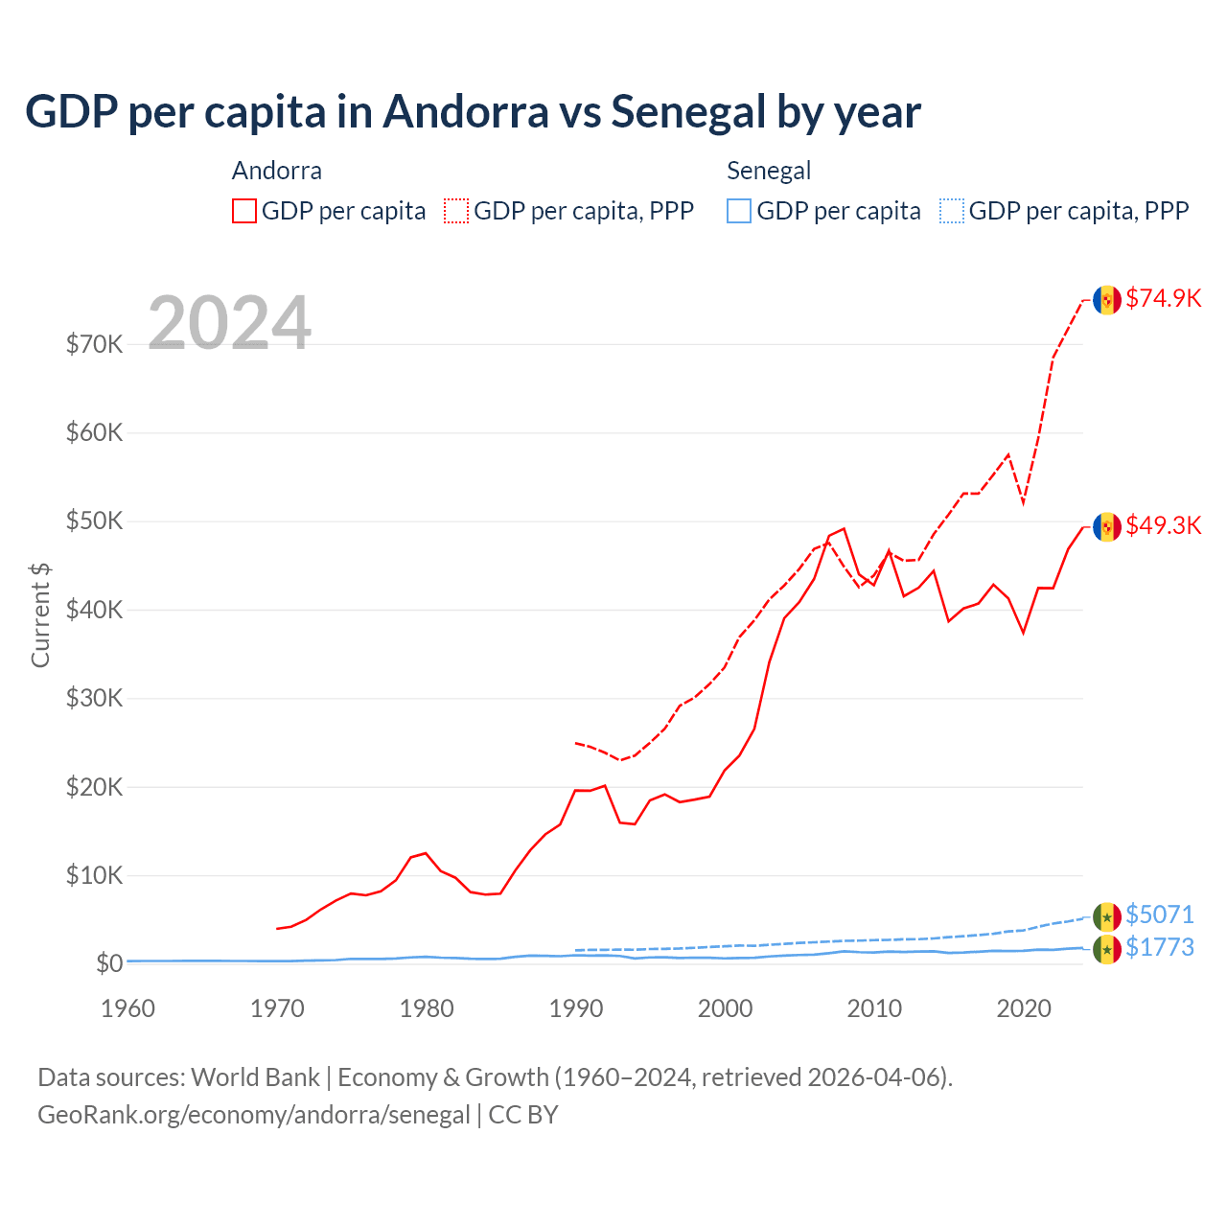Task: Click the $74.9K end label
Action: (x=1163, y=298)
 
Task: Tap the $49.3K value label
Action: (x=1163, y=525)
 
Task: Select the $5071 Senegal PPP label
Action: (x=1159, y=914)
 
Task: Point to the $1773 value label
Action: (x=1159, y=947)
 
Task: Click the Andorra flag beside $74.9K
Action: (x=1107, y=300)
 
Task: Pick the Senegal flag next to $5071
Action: (x=1107, y=916)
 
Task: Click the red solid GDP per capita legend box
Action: (x=244, y=211)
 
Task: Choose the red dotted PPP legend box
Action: (x=456, y=211)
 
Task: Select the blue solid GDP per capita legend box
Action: (x=739, y=211)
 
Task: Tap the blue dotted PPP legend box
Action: (x=952, y=211)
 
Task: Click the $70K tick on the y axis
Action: (x=94, y=344)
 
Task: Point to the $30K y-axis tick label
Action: (x=94, y=698)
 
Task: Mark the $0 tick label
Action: (x=109, y=963)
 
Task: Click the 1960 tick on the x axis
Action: (x=127, y=1008)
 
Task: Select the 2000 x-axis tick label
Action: (x=725, y=1008)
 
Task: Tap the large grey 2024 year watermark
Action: (x=230, y=323)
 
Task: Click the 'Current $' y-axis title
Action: (x=40, y=614)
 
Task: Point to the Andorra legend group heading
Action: (x=277, y=171)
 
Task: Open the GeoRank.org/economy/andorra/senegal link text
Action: (x=254, y=1115)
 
